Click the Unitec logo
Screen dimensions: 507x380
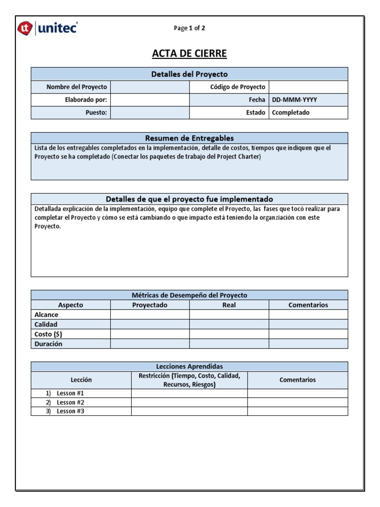(x=47, y=28)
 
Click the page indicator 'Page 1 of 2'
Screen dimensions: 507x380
(x=190, y=28)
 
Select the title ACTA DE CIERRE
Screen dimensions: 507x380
(x=190, y=54)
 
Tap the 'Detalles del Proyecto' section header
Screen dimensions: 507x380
(x=190, y=74)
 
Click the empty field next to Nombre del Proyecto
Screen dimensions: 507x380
(x=150, y=87)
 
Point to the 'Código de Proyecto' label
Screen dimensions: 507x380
(x=238, y=87)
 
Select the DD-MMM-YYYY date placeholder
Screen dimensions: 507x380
(x=294, y=100)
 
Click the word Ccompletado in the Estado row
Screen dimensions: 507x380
(x=290, y=112)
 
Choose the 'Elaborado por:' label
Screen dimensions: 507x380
(x=86, y=100)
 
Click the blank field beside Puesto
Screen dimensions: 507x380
(x=150, y=112)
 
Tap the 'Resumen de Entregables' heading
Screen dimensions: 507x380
(x=190, y=138)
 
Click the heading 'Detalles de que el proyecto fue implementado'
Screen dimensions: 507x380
(x=190, y=199)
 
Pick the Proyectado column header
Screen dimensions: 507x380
(x=150, y=305)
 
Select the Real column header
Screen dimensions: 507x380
(x=229, y=305)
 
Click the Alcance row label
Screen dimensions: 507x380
(x=47, y=314)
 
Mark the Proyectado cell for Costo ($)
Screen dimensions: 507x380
(x=150, y=334)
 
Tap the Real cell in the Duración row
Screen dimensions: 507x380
(x=229, y=344)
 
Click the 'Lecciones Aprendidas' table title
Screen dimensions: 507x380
(x=190, y=366)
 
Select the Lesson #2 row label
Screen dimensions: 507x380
(x=70, y=402)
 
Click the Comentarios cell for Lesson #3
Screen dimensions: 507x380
(x=297, y=411)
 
